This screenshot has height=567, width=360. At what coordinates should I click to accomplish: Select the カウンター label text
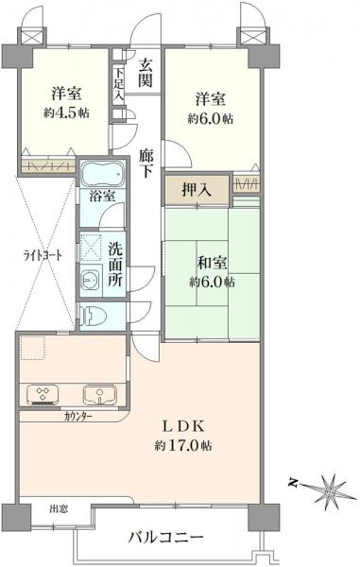(x=77, y=417)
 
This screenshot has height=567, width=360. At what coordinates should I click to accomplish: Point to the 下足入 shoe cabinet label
(x=118, y=83)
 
